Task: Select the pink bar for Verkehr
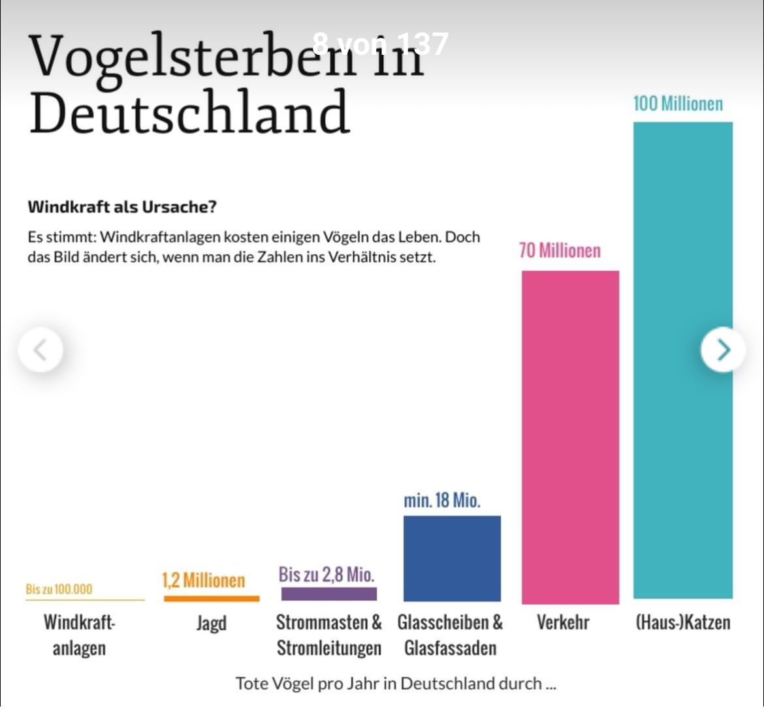570,437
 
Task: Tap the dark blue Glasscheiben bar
452,558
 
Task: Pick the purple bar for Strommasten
328,594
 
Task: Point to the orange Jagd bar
211,598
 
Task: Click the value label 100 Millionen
678,104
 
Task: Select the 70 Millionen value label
560,251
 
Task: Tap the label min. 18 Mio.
441,500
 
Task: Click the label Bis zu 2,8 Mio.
326,575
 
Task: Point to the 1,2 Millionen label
203,580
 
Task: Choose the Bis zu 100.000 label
59,589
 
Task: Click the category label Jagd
211,623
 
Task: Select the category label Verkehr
562,622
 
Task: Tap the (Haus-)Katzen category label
682,622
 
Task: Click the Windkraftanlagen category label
79,635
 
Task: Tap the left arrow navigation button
40,350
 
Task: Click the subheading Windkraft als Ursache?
122,207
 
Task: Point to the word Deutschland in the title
189,112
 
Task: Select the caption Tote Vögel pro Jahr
395,684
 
